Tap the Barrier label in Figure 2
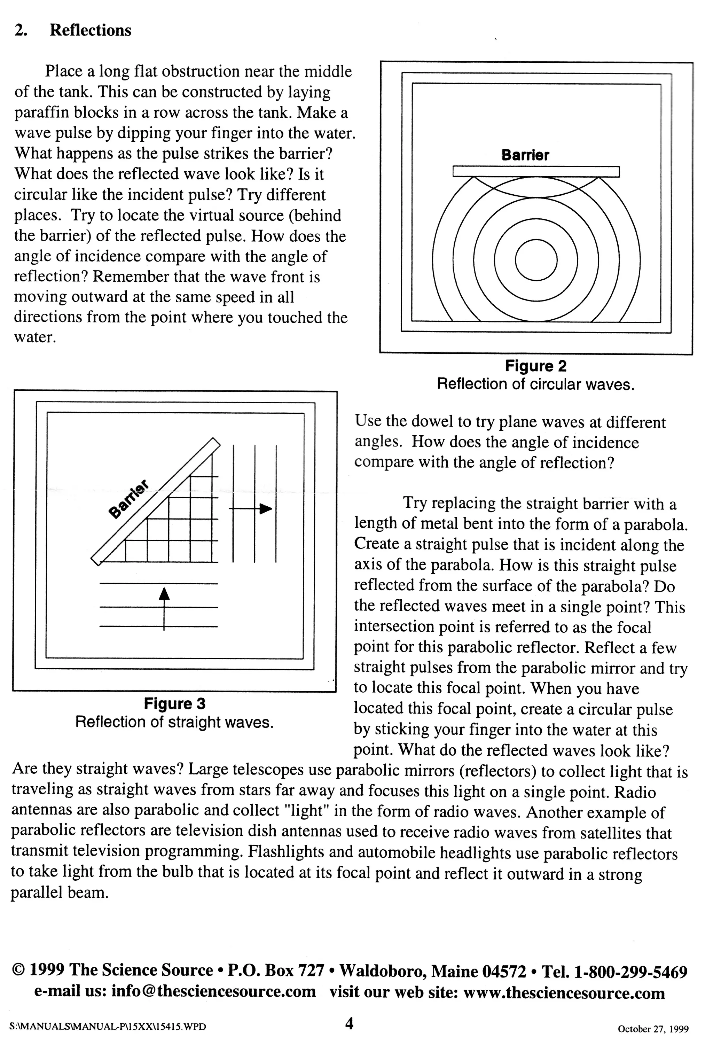point(525,155)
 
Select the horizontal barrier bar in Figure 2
point(536,172)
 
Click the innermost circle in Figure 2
point(536,260)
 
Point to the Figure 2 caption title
point(536,366)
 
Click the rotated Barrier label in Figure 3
point(129,499)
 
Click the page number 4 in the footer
point(349,1024)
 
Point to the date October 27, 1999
point(653,1029)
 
